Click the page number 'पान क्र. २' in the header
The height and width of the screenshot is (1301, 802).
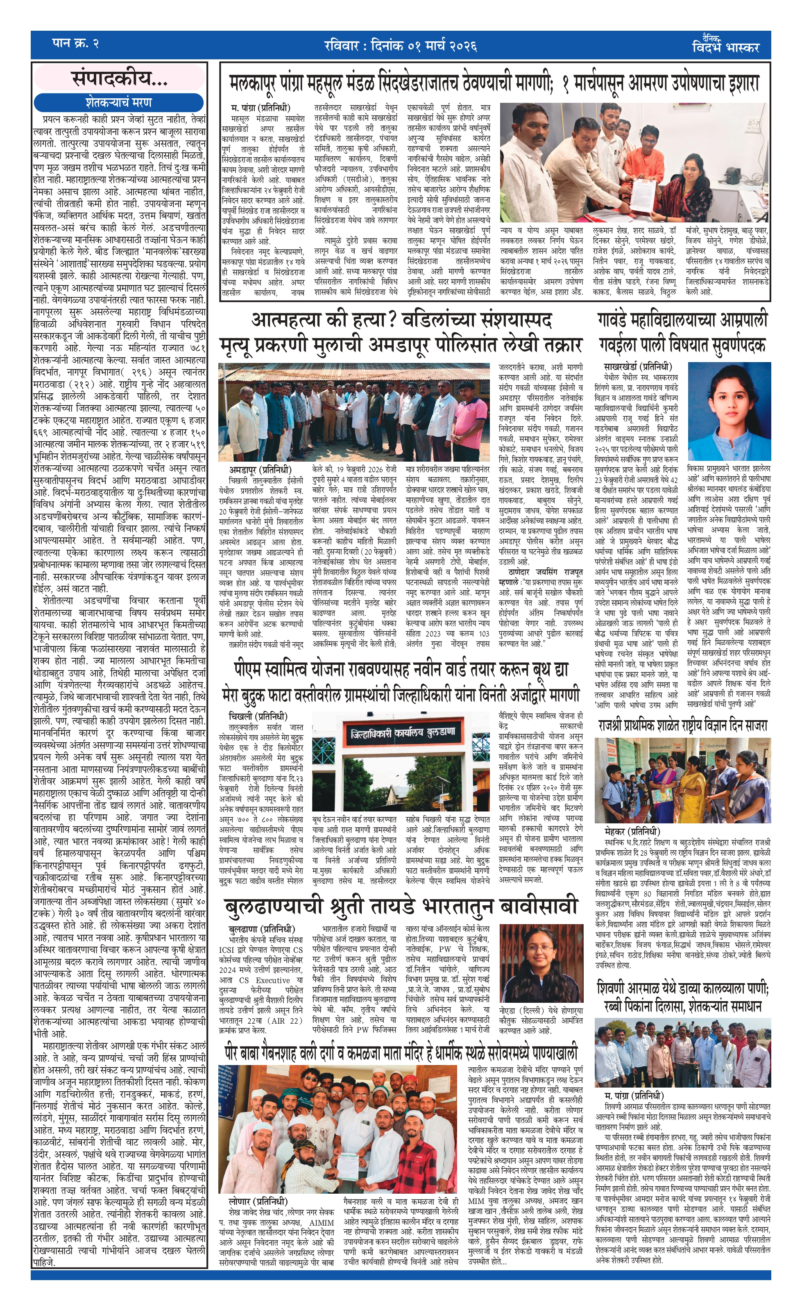point(76,44)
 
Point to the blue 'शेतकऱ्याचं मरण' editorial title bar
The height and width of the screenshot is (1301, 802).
point(119,102)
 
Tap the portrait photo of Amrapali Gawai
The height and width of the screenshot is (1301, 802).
point(728,411)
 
